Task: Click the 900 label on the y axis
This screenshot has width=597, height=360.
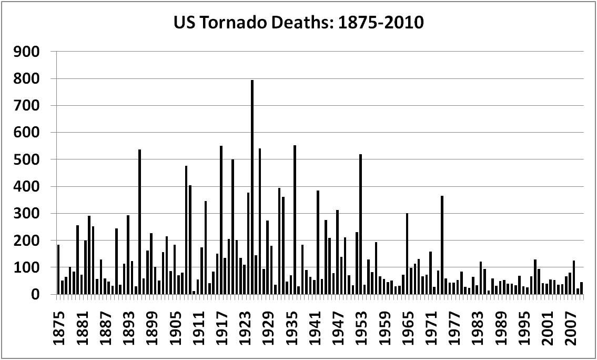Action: tap(28, 52)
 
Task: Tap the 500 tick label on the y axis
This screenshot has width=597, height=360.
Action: tap(28, 159)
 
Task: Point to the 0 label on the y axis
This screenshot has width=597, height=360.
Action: tap(35, 295)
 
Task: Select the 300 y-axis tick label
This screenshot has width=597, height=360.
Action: tap(28, 214)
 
